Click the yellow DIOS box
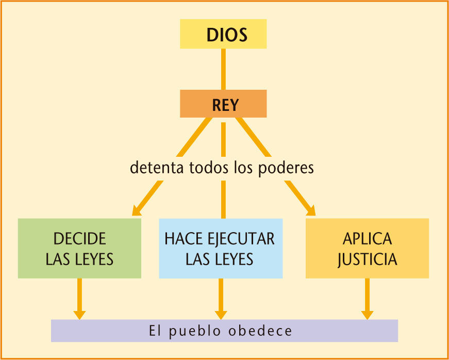click(x=223, y=34)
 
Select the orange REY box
click(x=223, y=104)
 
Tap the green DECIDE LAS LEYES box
click(x=79, y=248)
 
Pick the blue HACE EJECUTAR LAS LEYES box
click(x=220, y=248)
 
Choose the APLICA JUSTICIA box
click(x=367, y=248)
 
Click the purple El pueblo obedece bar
click(x=224, y=331)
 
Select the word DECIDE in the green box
click(x=79, y=239)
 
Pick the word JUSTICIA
click(x=367, y=258)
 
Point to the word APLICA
click(x=367, y=239)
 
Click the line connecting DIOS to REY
click(x=223, y=69)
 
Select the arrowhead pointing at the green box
click(x=137, y=209)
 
